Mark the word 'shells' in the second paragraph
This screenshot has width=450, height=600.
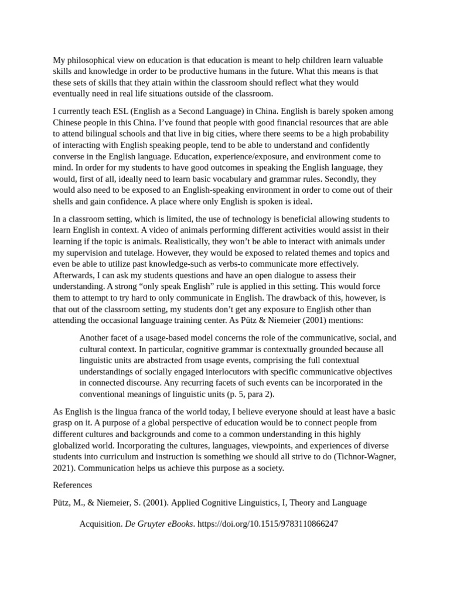pos(64,201)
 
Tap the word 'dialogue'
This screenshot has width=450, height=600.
pos(261,275)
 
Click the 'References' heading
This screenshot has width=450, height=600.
pos(73,485)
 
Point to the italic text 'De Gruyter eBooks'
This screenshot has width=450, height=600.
pos(159,524)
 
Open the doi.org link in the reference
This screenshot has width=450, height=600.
pos(268,524)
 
